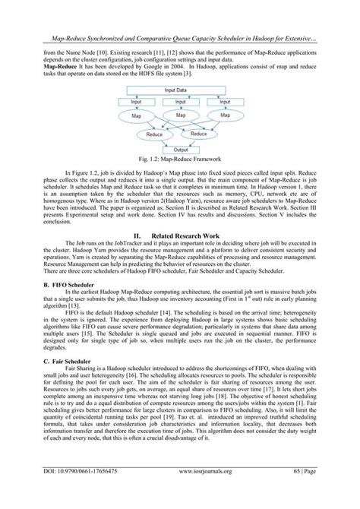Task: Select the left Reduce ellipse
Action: [x=156, y=134]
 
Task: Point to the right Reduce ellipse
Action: [x=197, y=134]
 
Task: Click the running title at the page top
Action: [x=179, y=14]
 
